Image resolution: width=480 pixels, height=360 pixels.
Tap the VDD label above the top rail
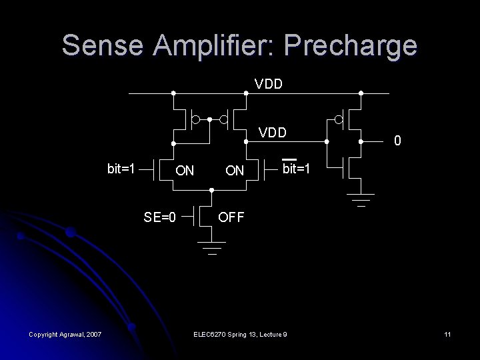(x=269, y=84)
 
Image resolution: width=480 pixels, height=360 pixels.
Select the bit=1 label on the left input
(x=122, y=167)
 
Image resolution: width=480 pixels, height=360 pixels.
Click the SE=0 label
(x=160, y=216)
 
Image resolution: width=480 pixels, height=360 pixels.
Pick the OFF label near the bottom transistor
(x=233, y=217)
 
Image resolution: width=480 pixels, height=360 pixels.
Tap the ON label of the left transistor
(x=185, y=171)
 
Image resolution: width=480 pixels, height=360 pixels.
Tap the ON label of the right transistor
(x=234, y=171)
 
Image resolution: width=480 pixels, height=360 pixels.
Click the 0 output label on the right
(x=397, y=141)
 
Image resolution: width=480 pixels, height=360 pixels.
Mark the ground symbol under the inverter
(x=361, y=197)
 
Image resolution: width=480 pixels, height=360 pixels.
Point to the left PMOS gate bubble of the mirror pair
(x=195, y=120)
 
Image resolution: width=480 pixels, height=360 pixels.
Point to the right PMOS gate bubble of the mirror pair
(x=224, y=120)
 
